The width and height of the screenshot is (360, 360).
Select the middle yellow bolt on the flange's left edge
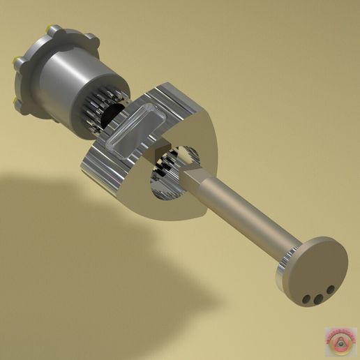[x=15, y=64]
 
